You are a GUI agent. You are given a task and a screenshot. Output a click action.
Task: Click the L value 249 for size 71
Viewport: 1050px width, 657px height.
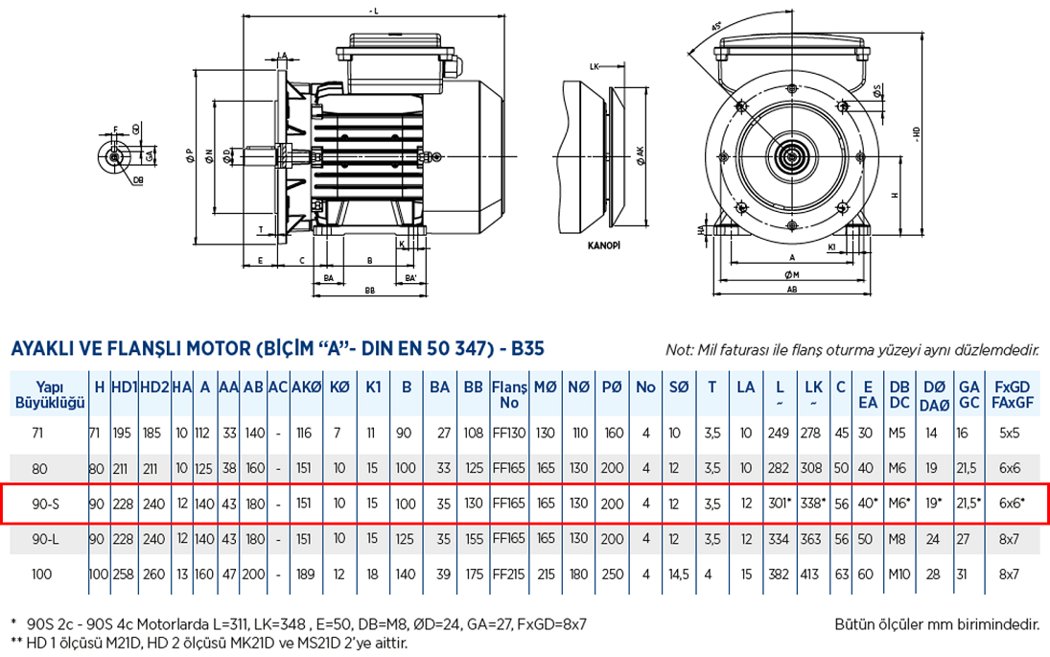click(x=778, y=433)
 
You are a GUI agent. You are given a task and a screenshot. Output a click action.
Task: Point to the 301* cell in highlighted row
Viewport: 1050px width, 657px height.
click(x=780, y=503)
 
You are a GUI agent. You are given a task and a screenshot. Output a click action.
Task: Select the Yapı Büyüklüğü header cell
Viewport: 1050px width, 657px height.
click(x=47, y=393)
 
